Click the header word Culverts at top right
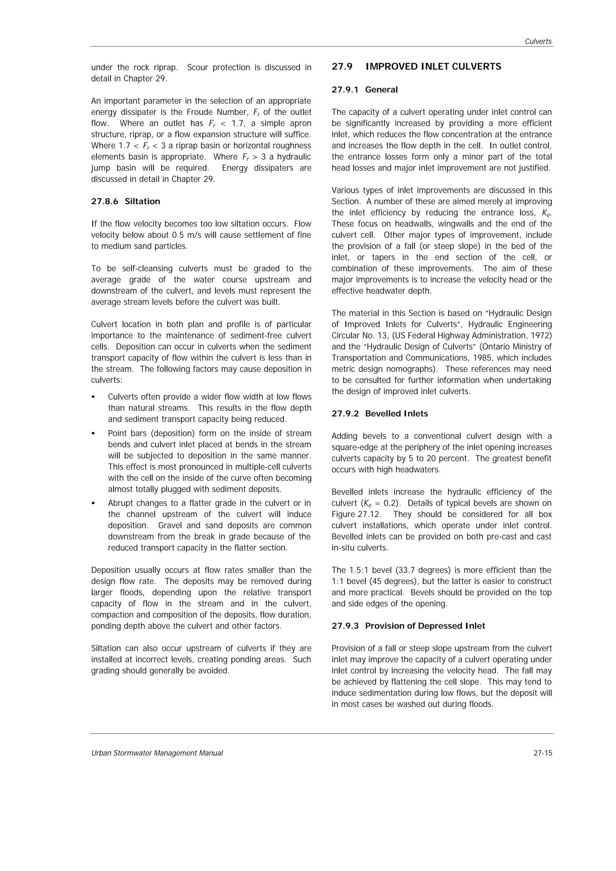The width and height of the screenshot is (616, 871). (x=538, y=42)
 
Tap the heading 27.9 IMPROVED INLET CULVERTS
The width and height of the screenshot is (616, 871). (x=416, y=67)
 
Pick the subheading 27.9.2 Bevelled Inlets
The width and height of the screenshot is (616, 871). (x=380, y=414)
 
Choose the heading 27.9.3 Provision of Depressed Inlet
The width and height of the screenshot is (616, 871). (x=408, y=626)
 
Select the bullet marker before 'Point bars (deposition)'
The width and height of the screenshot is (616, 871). (x=93, y=434)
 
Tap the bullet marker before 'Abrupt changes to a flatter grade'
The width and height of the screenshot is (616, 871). (x=93, y=503)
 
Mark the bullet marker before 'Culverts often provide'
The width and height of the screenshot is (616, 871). (x=93, y=397)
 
